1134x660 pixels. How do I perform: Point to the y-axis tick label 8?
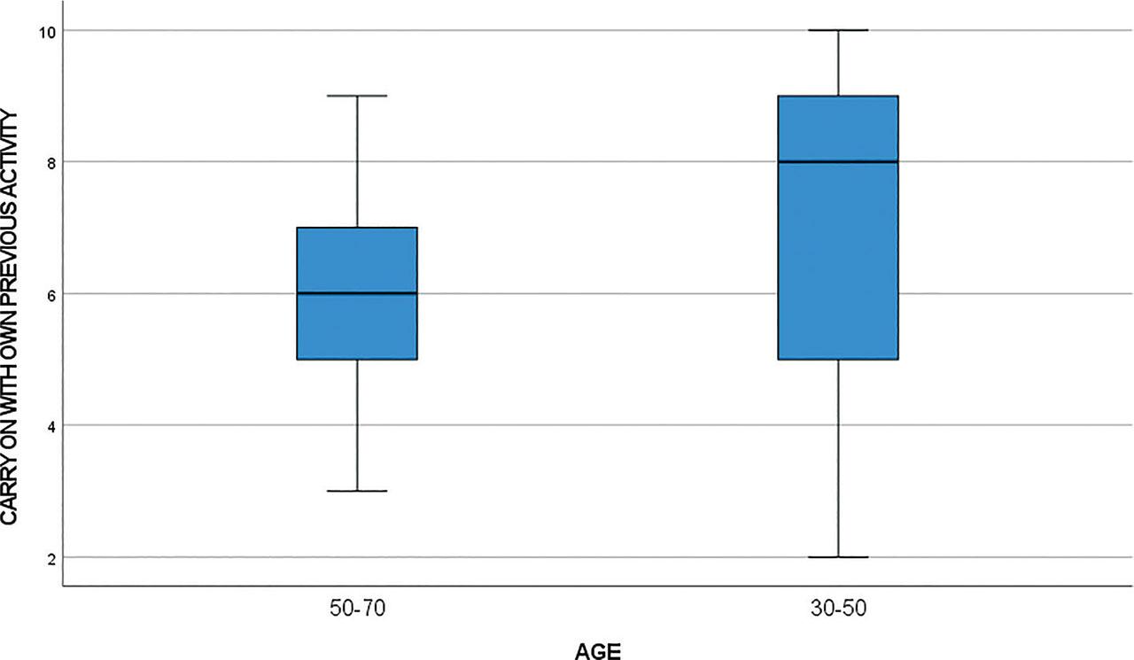point(46,161)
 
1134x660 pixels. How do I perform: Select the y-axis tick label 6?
point(46,293)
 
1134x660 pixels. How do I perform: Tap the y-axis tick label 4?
point(46,425)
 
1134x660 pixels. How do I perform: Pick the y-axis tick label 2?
point(46,557)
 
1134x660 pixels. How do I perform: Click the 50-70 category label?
point(356,610)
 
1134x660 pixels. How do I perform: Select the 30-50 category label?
point(838,610)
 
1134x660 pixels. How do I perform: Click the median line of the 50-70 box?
point(356,293)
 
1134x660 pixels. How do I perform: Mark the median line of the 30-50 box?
point(838,161)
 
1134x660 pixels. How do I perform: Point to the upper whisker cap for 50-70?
point(356,96)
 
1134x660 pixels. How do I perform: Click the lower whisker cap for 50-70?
point(356,491)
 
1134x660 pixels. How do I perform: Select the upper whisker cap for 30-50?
point(838,30)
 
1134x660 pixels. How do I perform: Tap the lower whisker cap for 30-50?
point(838,557)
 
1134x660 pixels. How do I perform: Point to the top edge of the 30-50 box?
point(838,96)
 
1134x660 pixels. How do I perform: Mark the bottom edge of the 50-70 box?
point(356,359)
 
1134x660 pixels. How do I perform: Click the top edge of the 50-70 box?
point(356,228)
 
